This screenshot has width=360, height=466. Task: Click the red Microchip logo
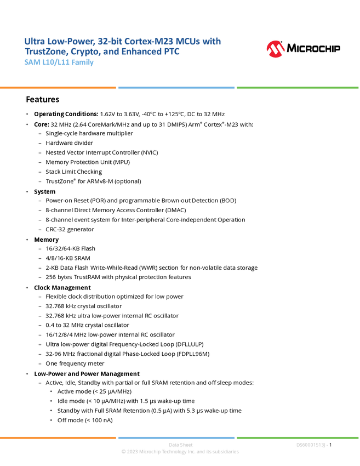click(276, 49)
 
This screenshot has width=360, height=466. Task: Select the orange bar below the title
click(58, 88)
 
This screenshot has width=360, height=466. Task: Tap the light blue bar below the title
click(176, 88)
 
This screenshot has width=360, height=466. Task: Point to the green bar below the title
click(298, 88)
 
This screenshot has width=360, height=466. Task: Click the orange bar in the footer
click(58, 437)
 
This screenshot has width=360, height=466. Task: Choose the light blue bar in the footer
click(176, 437)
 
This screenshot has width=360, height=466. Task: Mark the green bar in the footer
click(298, 437)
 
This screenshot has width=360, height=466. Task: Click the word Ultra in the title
click(31, 41)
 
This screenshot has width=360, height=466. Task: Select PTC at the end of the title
click(172, 52)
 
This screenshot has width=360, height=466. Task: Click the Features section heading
click(43, 101)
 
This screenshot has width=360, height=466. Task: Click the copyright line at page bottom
click(180, 453)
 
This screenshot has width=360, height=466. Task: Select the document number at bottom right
click(312, 445)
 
